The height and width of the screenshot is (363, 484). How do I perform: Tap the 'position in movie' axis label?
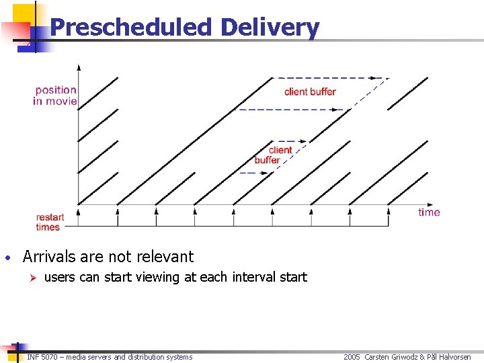tap(55, 95)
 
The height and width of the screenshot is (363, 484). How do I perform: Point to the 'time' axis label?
tap(429, 212)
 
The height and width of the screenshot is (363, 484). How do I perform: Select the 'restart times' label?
tap(50, 222)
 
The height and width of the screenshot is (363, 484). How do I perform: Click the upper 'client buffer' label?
tap(310, 91)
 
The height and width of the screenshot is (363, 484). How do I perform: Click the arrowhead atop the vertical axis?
tap(79, 67)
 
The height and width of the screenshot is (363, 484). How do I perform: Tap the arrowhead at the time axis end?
tap(430, 204)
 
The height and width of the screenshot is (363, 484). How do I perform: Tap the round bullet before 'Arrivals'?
tap(6, 258)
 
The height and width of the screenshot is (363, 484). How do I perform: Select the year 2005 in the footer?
tap(352, 357)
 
